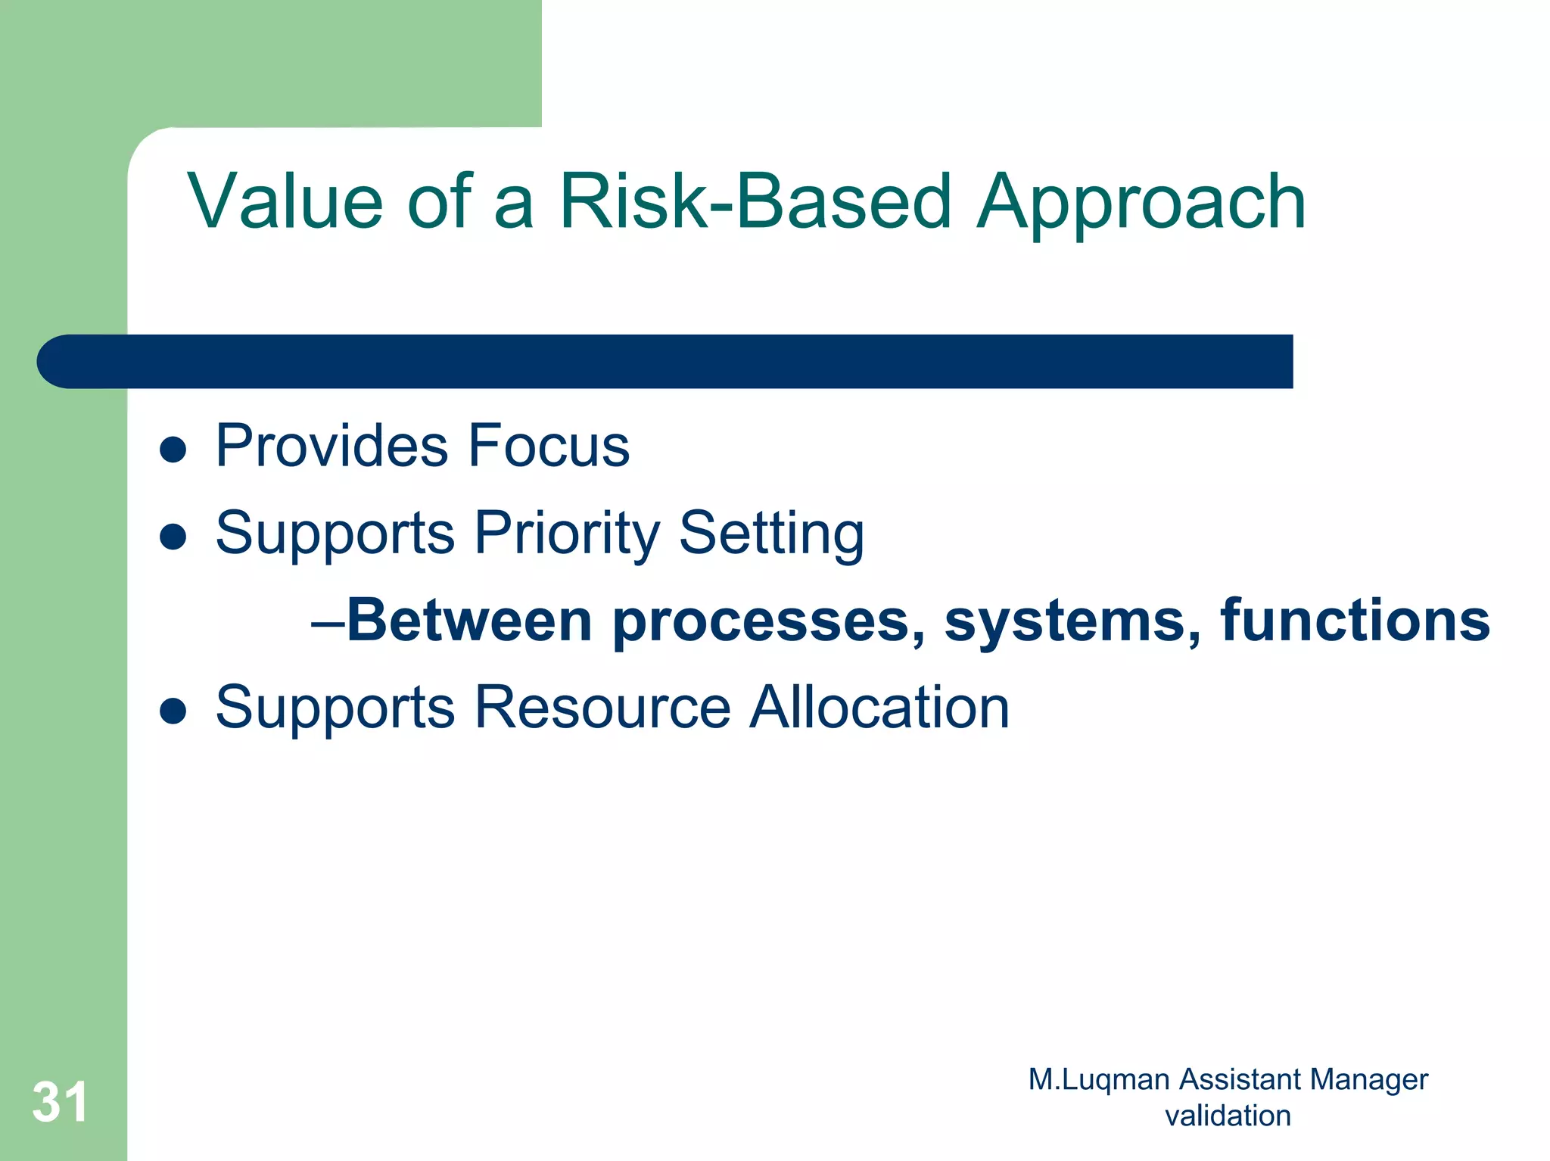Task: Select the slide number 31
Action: click(x=60, y=1101)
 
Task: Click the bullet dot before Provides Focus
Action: click(x=173, y=450)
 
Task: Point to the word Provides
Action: click(x=332, y=446)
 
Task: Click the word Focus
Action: click(x=549, y=446)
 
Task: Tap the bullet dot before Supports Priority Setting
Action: click(x=173, y=537)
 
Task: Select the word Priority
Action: click(x=568, y=534)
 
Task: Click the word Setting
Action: click(x=771, y=534)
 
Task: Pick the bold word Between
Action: click(x=469, y=621)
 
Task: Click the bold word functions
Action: click(x=1355, y=621)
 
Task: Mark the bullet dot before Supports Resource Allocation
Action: click(x=173, y=711)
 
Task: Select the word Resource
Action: click(x=602, y=708)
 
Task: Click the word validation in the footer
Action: click(x=1228, y=1116)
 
